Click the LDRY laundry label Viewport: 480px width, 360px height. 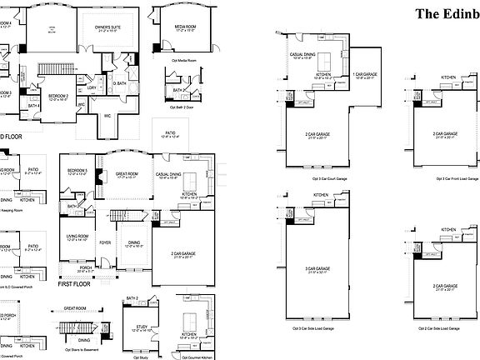click(92, 87)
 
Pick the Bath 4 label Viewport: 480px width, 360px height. click(33, 105)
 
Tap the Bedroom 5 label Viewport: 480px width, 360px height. click(77, 173)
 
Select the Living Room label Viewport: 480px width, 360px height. click(77, 237)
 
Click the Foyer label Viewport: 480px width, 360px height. click(106, 243)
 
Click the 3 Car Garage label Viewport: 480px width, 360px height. click(317, 268)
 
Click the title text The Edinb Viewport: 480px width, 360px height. click(447, 13)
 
